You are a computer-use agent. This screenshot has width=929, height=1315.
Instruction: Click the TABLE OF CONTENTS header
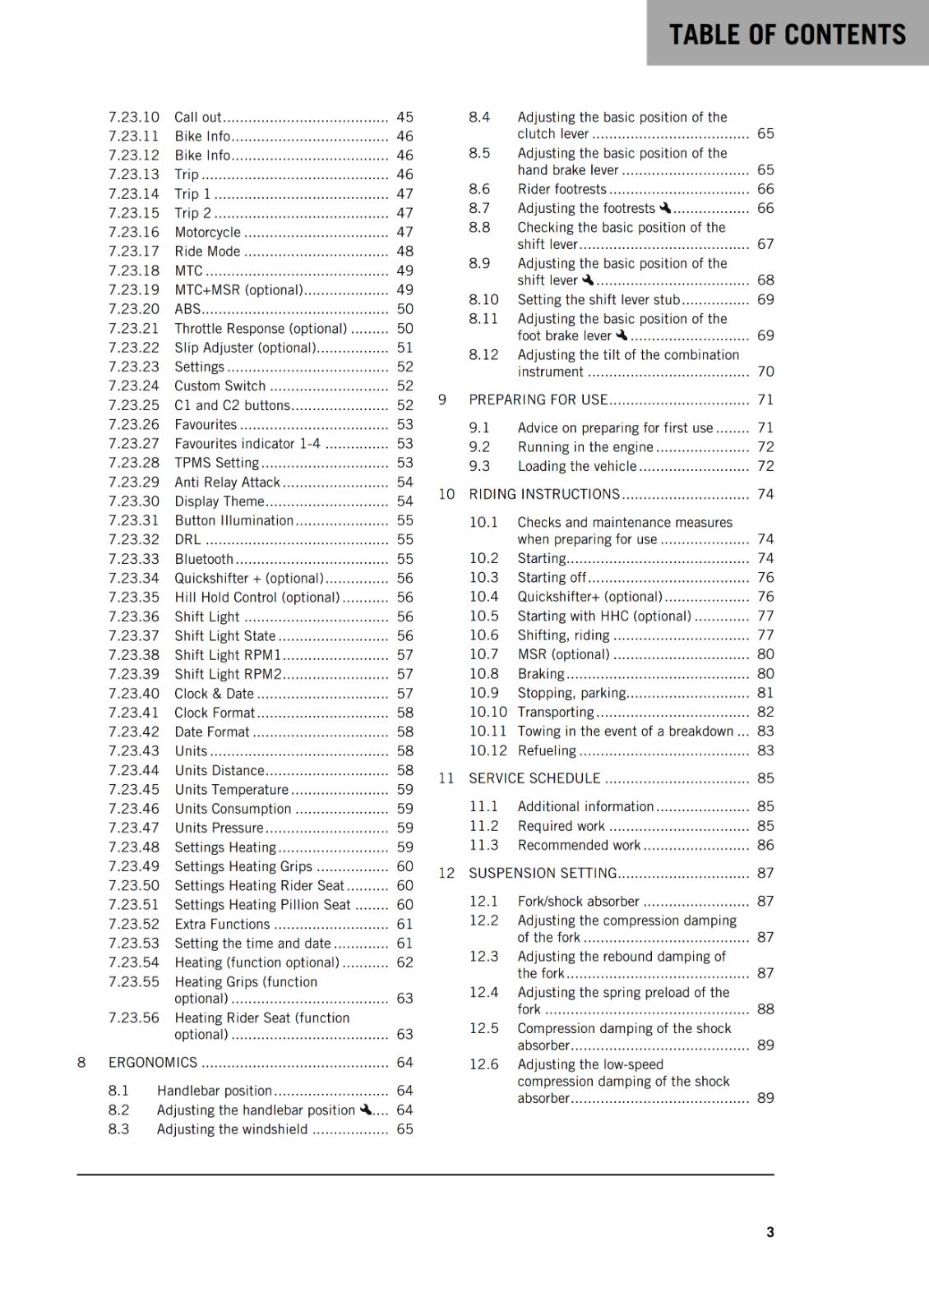tap(787, 35)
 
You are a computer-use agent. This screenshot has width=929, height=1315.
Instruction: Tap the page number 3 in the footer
tap(770, 1232)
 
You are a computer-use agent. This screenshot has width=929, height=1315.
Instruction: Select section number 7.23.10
tap(134, 118)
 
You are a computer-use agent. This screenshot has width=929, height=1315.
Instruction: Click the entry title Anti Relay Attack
tap(227, 482)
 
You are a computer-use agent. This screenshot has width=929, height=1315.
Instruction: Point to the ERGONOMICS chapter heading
tap(153, 1063)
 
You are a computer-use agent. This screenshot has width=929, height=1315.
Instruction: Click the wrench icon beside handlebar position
tap(366, 1110)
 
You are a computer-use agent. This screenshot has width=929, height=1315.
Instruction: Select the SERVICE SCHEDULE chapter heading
tap(534, 778)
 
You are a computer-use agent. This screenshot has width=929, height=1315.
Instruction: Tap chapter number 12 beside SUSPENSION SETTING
tap(446, 873)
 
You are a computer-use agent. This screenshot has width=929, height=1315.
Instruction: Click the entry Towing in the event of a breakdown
tap(625, 731)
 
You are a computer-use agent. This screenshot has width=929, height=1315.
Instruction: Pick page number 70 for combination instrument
tap(765, 371)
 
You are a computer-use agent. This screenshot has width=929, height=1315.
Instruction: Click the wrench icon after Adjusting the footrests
tap(665, 208)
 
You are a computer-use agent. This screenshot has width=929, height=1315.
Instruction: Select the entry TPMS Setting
tap(216, 463)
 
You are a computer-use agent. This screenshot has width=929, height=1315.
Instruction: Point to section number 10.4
tap(483, 597)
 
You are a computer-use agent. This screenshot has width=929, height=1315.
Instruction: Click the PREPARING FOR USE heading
tap(538, 399)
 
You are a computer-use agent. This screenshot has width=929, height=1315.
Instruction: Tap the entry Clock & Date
tap(214, 694)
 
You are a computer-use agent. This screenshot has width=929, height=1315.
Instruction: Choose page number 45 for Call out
tap(404, 118)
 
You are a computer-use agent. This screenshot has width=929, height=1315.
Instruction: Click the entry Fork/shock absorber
tap(578, 902)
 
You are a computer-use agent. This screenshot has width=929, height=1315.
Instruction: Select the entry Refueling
tap(547, 750)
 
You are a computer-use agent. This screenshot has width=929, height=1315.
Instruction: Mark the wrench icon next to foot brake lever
tap(622, 335)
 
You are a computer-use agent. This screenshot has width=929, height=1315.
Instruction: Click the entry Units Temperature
tap(231, 790)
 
